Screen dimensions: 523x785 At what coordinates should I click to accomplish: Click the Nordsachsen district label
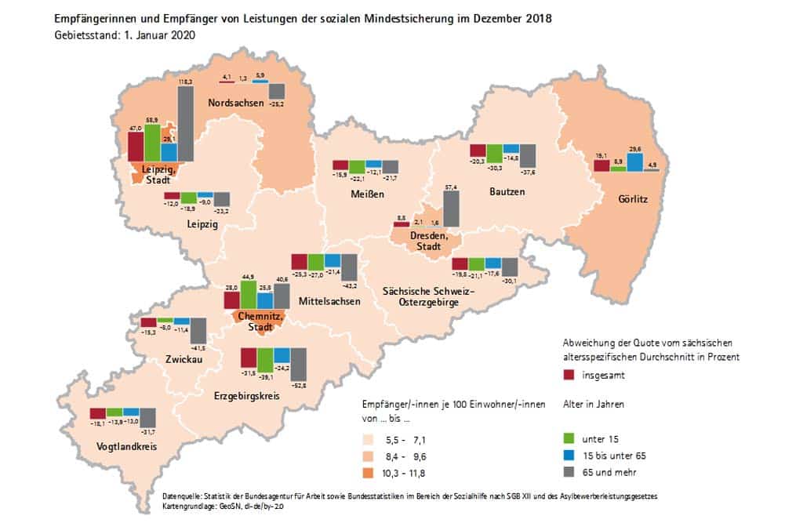pos(234,104)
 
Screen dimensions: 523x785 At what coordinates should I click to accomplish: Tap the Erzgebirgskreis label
pos(247,396)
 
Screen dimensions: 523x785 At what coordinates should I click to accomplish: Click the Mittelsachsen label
pos(329,301)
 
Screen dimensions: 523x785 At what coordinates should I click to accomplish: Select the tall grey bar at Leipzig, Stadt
pos(186,123)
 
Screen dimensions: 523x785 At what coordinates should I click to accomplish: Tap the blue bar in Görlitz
pos(634,162)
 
